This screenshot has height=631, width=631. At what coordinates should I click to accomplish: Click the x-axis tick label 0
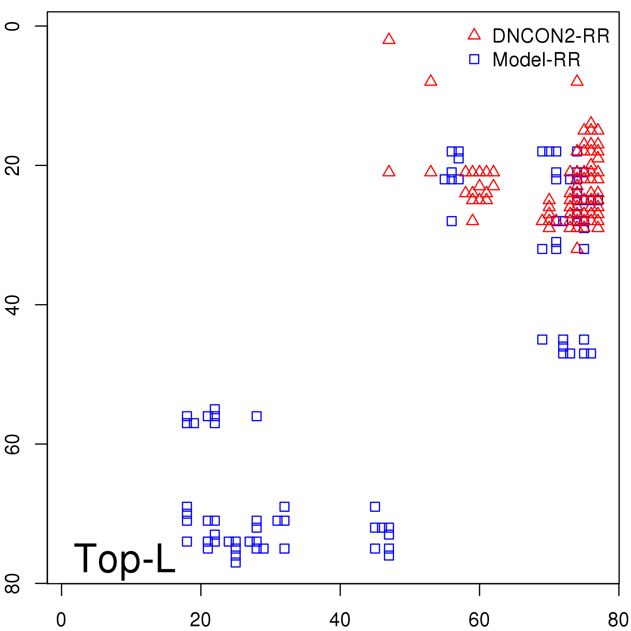(61, 620)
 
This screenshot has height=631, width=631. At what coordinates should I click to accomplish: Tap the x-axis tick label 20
(200, 620)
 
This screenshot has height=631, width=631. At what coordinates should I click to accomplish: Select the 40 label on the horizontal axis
(340, 620)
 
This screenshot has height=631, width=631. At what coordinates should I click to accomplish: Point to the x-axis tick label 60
(479, 620)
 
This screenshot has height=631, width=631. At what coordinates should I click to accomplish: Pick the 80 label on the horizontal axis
(618, 620)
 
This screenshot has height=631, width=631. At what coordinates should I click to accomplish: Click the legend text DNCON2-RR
(551, 36)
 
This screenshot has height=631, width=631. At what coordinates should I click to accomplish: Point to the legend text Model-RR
(536, 60)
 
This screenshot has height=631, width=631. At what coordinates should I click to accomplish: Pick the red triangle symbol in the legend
(474, 35)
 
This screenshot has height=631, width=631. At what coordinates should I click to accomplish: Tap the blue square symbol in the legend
(474, 59)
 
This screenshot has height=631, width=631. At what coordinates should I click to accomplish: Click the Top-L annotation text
(125, 558)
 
